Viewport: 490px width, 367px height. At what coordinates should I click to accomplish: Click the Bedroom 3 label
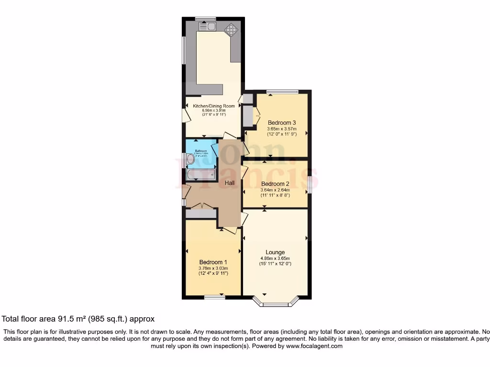tap(281, 122)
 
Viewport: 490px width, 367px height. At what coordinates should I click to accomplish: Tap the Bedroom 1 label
tap(213, 262)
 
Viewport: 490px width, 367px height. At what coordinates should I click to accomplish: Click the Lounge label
tap(275, 252)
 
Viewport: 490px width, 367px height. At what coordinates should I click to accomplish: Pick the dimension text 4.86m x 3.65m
tap(275, 259)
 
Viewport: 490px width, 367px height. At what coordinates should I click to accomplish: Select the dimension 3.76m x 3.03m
tap(213, 268)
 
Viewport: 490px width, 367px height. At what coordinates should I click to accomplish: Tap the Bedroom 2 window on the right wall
tap(309, 184)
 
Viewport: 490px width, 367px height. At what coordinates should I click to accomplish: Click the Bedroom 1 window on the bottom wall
tap(215, 297)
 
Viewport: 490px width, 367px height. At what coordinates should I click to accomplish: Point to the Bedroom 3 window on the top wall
tap(282, 92)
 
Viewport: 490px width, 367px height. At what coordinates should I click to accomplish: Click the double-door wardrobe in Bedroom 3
tap(248, 115)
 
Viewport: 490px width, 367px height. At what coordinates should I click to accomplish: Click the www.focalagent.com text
tap(314, 346)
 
